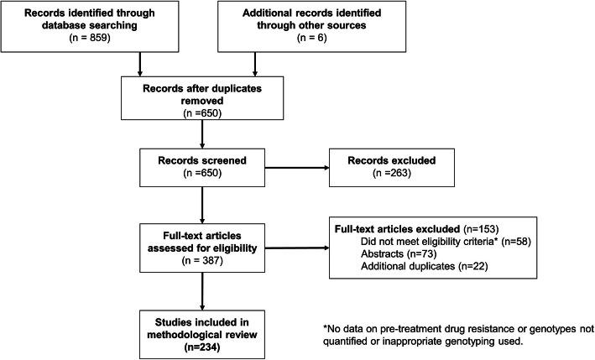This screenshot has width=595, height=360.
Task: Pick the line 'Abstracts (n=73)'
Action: [x=399, y=254]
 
